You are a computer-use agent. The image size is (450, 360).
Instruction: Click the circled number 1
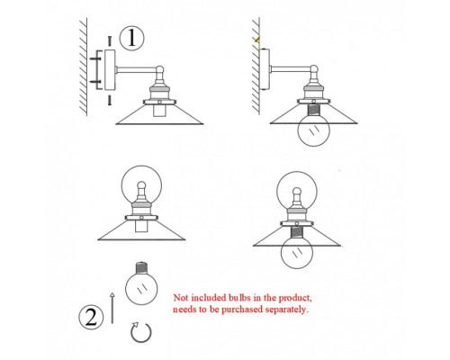point(131,39)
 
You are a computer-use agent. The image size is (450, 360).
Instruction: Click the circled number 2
point(91,317)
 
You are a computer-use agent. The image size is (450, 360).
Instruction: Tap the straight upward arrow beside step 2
point(112,308)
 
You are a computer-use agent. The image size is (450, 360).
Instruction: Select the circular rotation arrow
point(141,332)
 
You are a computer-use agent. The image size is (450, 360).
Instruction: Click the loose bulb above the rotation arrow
point(141,283)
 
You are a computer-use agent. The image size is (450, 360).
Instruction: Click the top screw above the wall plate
point(110,40)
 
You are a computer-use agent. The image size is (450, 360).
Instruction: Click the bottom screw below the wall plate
point(110,100)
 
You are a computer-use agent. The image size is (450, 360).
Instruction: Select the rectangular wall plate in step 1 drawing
point(110,70)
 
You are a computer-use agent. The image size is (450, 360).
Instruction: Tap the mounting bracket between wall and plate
point(97,70)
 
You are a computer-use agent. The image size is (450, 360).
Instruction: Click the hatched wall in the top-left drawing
point(84,67)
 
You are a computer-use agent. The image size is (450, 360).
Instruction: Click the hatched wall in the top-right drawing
point(256,66)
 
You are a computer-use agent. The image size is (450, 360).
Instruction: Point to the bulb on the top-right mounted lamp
point(313,126)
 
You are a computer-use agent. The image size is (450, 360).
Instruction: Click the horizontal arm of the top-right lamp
point(290,69)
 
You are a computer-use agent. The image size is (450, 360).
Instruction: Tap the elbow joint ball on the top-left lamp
point(160,69)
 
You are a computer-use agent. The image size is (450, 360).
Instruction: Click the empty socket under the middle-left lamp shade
point(140,226)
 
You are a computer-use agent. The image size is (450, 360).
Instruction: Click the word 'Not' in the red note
point(181,298)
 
